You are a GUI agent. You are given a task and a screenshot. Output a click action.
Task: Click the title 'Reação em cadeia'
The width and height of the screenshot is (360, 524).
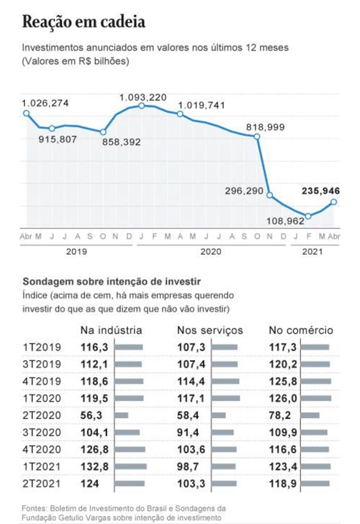pyautogui.click(x=84, y=22)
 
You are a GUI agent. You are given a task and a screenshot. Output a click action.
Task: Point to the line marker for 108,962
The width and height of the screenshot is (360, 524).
pyautogui.click(x=308, y=216)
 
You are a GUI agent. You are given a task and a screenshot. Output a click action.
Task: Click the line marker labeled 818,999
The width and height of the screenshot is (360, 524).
pyautogui.click(x=257, y=136)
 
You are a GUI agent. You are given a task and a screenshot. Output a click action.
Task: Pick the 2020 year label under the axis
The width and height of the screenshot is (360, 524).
pyautogui.click(x=211, y=251)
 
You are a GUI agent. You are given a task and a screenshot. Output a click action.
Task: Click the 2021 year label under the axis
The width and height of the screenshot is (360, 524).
pyautogui.click(x=313, y=251)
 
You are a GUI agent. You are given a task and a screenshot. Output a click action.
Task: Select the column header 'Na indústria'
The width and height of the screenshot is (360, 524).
pyautogui.click(x=111, y=330)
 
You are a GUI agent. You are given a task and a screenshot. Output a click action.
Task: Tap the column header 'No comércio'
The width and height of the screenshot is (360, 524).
pyautogui.click(x=301, y=330)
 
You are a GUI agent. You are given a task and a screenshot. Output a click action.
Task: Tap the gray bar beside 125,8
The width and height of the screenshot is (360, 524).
pyautogui.click(x=316, y=380)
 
